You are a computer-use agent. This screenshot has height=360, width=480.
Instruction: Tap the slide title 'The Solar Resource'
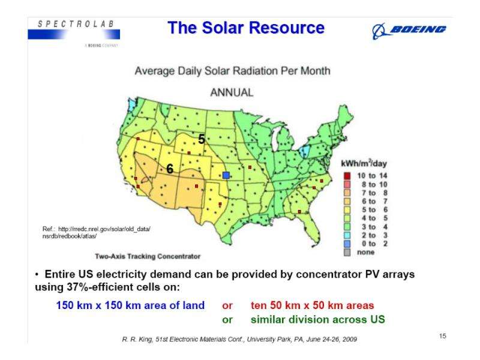click(247, 28)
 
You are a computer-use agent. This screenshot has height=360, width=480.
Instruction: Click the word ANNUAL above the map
click(232, 93)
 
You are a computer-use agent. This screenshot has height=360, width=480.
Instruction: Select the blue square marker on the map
click(226, 175)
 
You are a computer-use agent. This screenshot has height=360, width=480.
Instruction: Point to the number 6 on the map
click(170, 170)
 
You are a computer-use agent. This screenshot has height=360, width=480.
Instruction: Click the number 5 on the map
click(202, 139)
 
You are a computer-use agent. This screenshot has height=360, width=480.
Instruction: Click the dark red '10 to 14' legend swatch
click(346, 175)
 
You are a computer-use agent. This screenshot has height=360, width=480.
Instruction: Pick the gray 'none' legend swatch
click(346, 252)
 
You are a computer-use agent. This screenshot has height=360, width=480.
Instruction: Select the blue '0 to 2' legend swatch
click(346, 244)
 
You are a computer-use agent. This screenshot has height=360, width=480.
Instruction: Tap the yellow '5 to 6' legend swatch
click(346, 209)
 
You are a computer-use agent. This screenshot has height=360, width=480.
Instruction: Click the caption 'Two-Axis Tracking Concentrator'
click(147, 257)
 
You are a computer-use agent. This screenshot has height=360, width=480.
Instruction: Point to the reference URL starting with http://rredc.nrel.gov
click(96, 230)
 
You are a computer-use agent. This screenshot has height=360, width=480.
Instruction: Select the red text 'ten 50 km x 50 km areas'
click(313, 305)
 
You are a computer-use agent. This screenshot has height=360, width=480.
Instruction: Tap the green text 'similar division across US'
click(317, 319)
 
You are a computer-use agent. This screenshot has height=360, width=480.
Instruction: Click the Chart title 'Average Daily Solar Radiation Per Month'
click(232, 71)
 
